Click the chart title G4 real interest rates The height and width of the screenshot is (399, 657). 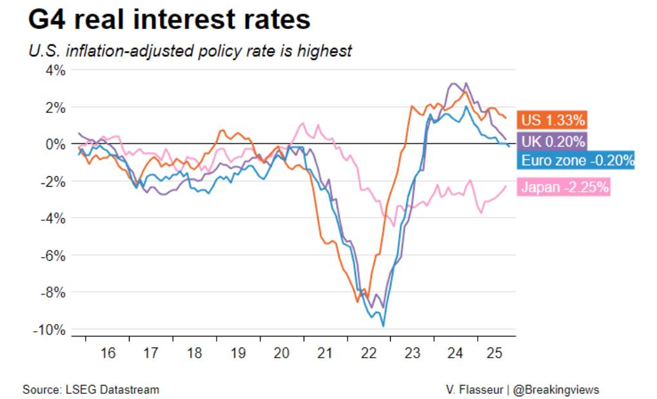pos(170,21)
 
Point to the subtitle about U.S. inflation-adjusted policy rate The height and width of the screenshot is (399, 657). pos(190,51)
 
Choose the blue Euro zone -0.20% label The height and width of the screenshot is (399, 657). pos(578,161)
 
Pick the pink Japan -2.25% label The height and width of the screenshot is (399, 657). pos(564,188)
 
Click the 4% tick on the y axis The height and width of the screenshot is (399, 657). pos(54,70)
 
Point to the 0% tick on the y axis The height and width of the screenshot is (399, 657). pos(54,144)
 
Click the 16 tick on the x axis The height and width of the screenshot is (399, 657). pos(108,354)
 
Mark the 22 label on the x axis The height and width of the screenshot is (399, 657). pos(368,354)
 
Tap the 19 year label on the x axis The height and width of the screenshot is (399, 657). pos(238,354)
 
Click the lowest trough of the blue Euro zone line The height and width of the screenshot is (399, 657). pos(384,326)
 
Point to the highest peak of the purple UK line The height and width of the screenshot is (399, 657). pos(466,83)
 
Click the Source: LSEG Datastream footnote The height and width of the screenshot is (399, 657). pos(90,389)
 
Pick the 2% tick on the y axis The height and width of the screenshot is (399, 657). pos(54,107)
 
